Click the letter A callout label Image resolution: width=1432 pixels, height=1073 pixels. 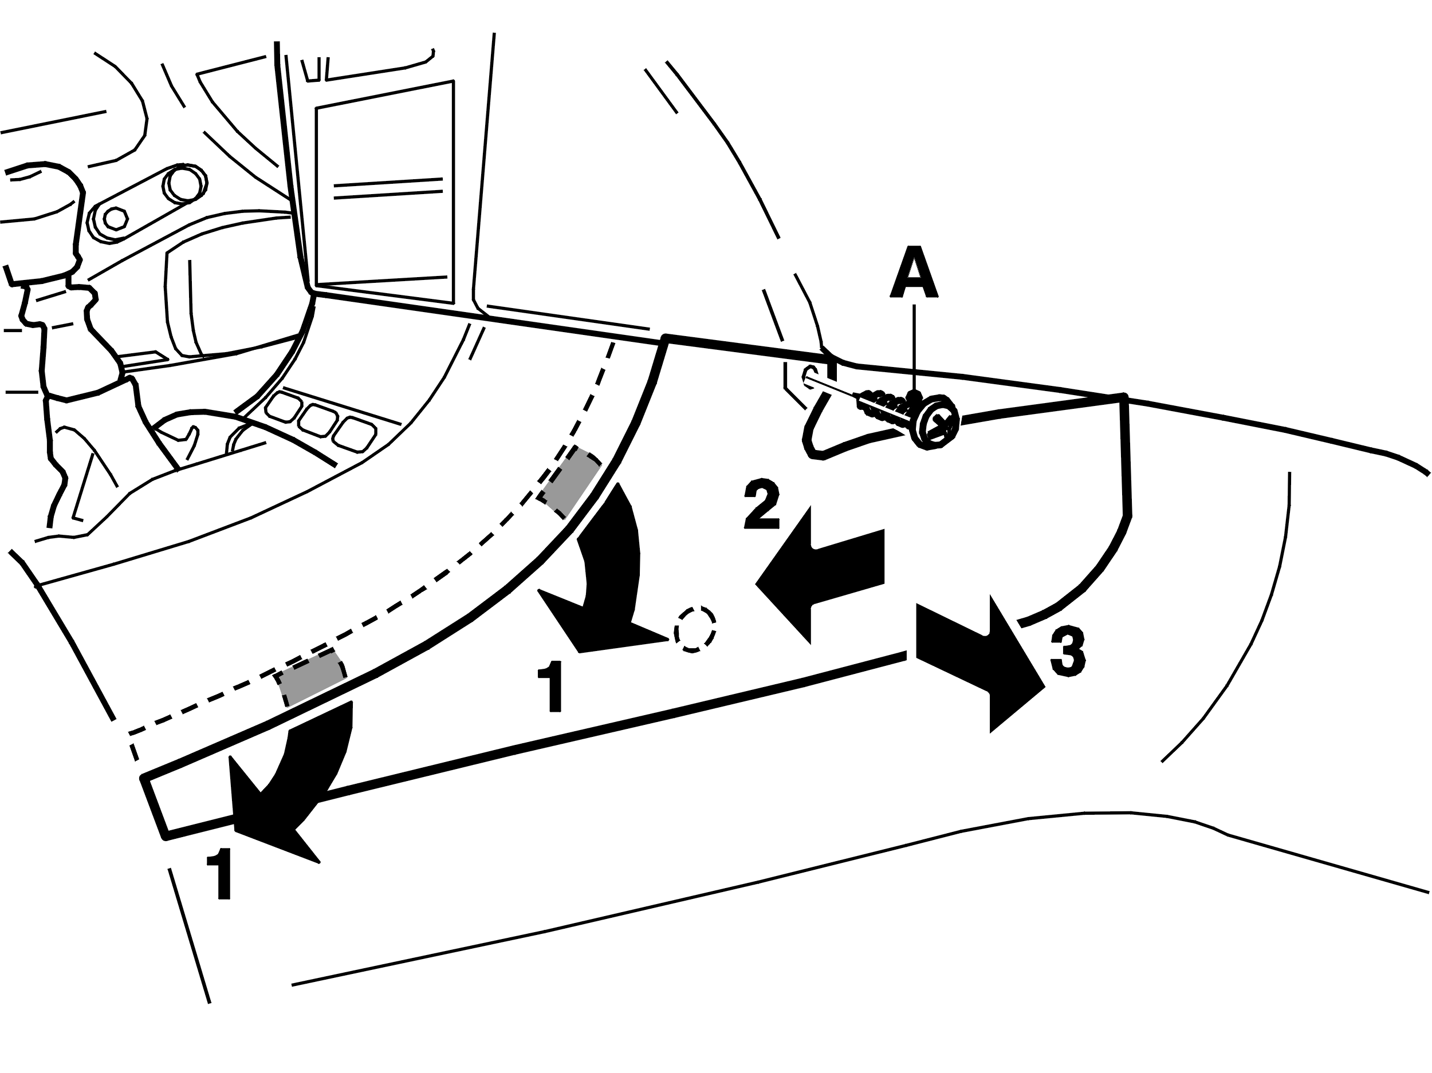[914, 273]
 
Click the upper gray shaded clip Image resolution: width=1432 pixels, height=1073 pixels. [571, 482]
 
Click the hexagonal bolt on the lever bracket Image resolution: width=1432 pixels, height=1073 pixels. [115, 219]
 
